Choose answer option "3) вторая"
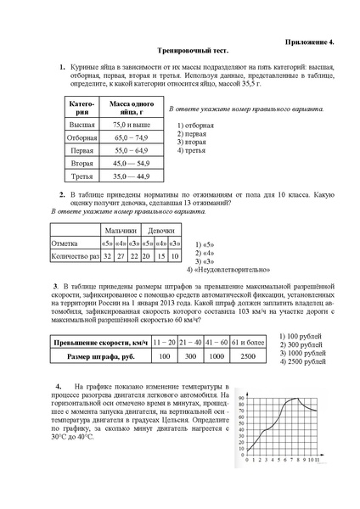(192, 142)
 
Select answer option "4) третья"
(192, 150)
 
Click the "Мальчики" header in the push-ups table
(120, 230)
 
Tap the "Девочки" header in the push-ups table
(161, 230)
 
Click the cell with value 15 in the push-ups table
(160, 255)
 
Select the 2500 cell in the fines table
(247, 356)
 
